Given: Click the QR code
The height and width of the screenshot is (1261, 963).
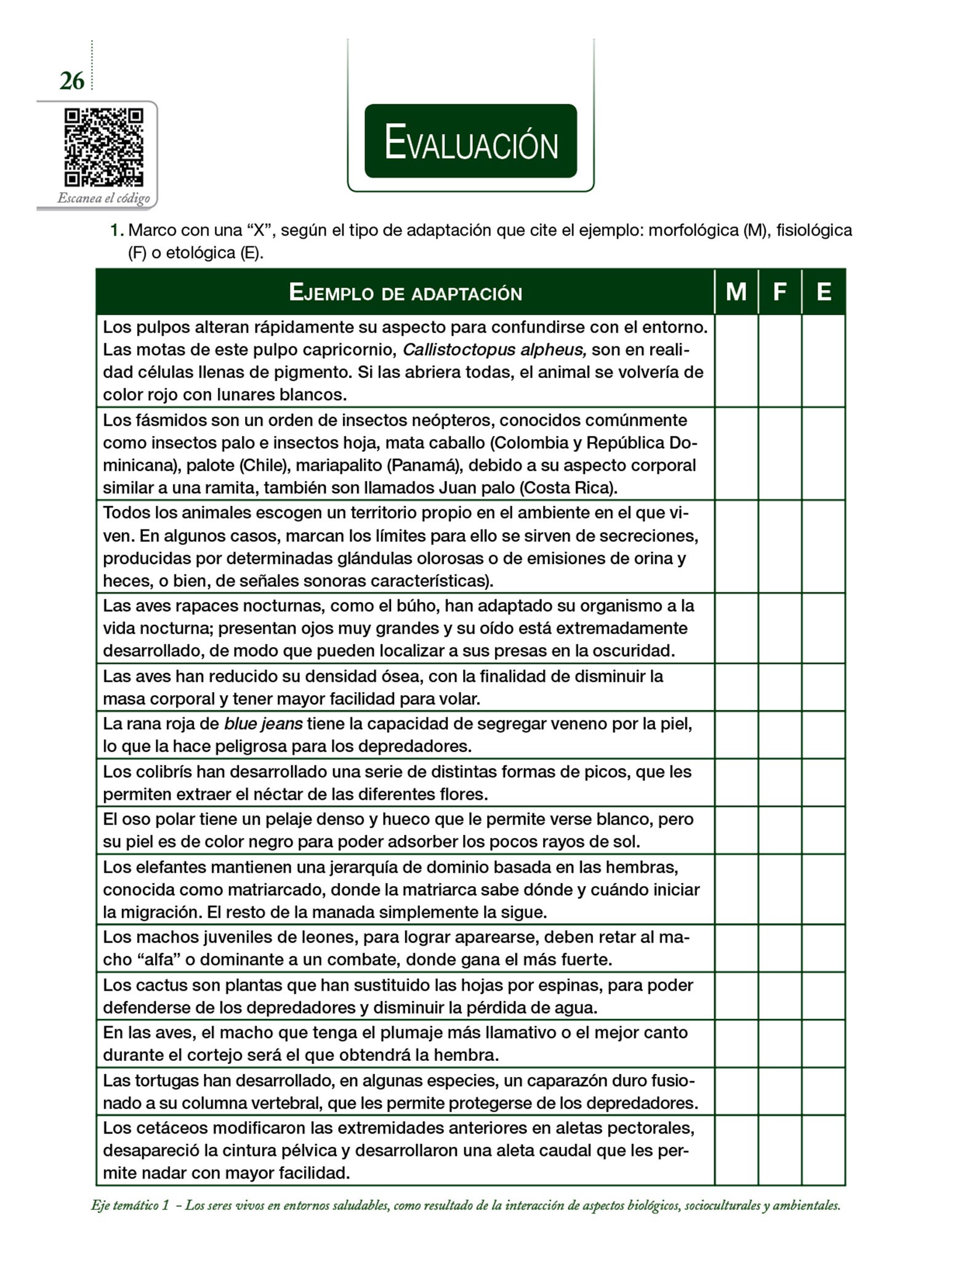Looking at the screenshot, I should coord(103,147).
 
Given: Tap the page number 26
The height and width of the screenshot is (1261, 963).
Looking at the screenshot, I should coord(72,81).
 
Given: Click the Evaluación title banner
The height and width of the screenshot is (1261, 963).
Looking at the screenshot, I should coord(470,142).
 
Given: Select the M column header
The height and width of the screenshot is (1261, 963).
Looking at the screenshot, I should coord(736,292).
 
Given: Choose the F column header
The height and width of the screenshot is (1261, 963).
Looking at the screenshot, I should coord(780,292).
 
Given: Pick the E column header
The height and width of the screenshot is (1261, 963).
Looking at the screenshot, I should coord(823,292).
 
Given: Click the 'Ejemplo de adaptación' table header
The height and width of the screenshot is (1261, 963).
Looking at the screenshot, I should coord(405,292).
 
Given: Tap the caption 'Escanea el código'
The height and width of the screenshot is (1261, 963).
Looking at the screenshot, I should coord(103,198).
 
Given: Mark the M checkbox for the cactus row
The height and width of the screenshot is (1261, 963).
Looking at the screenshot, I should coord(736,996).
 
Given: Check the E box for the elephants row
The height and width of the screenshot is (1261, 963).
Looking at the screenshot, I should coord(823,889).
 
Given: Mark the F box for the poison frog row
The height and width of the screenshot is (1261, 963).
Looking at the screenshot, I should coord(780,735).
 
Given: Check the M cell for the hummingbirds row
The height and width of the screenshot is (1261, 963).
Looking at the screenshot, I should coord(736,783).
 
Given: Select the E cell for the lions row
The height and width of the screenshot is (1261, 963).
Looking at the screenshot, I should coord(823,948).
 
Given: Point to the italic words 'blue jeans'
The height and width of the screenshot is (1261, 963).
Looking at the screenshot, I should coord(263,724).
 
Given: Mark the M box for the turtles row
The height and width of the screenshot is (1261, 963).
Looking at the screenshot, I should coord(736,1091).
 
